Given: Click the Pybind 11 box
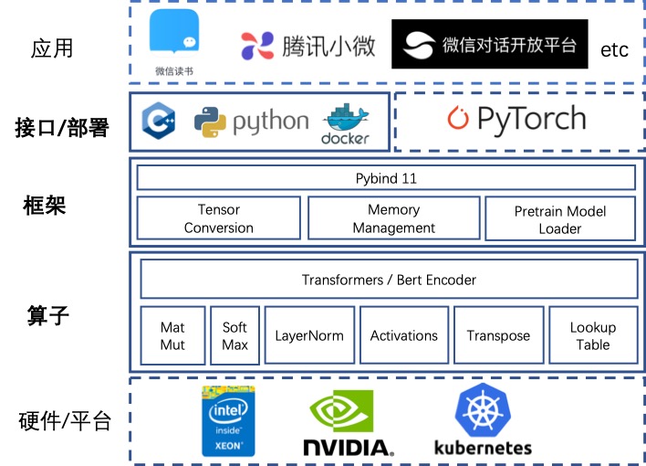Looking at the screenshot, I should point(385,177).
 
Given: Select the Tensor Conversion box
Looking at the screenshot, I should point(218,219).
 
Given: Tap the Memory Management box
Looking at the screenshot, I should point(393,219).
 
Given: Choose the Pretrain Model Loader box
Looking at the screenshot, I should point(559,219).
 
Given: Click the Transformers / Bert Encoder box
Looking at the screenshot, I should point(389,280).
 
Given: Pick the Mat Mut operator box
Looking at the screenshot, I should point(172,336).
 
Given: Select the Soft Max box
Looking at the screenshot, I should point(234,336).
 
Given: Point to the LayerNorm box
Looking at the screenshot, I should point(309,336).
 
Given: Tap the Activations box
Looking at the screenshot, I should point(403,336).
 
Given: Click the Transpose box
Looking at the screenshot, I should point(498,336).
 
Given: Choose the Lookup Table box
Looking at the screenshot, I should point(592,336).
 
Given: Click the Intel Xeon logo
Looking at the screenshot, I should point(228,421).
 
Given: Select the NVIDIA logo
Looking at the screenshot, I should point(348,424).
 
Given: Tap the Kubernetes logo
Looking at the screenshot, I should point(483,420).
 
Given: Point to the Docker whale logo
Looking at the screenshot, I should point(345,122).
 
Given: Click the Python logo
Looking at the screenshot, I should point(211,122).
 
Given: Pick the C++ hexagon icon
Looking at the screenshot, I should point(160,122).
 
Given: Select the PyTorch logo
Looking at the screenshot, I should point(516,120).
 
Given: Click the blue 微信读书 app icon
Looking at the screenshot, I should point(174,37).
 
